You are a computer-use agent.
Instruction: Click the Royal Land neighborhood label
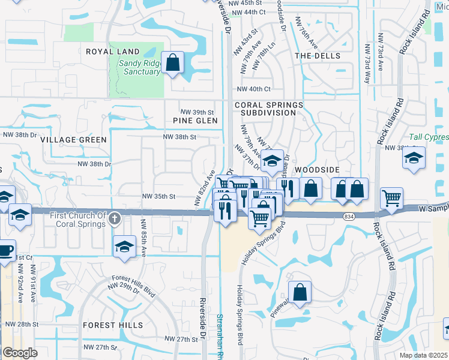(112, 52)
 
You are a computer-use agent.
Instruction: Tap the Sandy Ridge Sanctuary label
(139, 67)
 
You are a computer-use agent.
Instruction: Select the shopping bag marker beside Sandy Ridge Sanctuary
(173, 62)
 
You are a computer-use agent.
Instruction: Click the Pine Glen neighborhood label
(191, 121)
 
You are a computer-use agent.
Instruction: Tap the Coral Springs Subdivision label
(268, 109)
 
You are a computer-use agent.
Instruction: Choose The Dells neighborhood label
(318, 56)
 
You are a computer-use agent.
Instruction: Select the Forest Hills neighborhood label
(113, 325)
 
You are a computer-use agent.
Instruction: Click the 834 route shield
(348, 216)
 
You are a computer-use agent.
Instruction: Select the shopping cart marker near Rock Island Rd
(391, 197)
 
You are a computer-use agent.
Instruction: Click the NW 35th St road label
(158, 196)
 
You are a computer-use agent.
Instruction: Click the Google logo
(20, 353)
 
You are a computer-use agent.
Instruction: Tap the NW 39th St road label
(197, 112)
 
